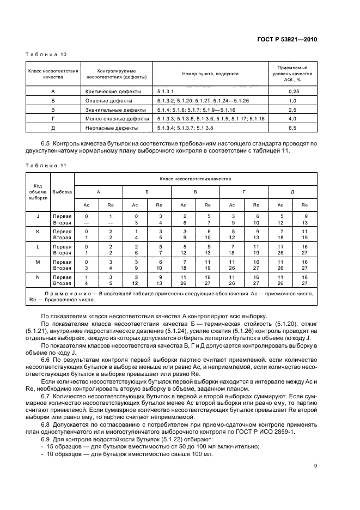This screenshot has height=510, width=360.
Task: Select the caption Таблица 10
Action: (x=46, y=54)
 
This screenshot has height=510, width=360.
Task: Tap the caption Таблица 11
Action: (x=46, y=164)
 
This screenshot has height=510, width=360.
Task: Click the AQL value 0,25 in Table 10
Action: (x=294, y=92)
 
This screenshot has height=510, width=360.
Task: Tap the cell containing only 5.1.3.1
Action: (x=164, y=92)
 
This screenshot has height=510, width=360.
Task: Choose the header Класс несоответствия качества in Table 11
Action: (x=195, y=179)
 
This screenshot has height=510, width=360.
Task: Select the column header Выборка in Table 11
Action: (x=62, y=192)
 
